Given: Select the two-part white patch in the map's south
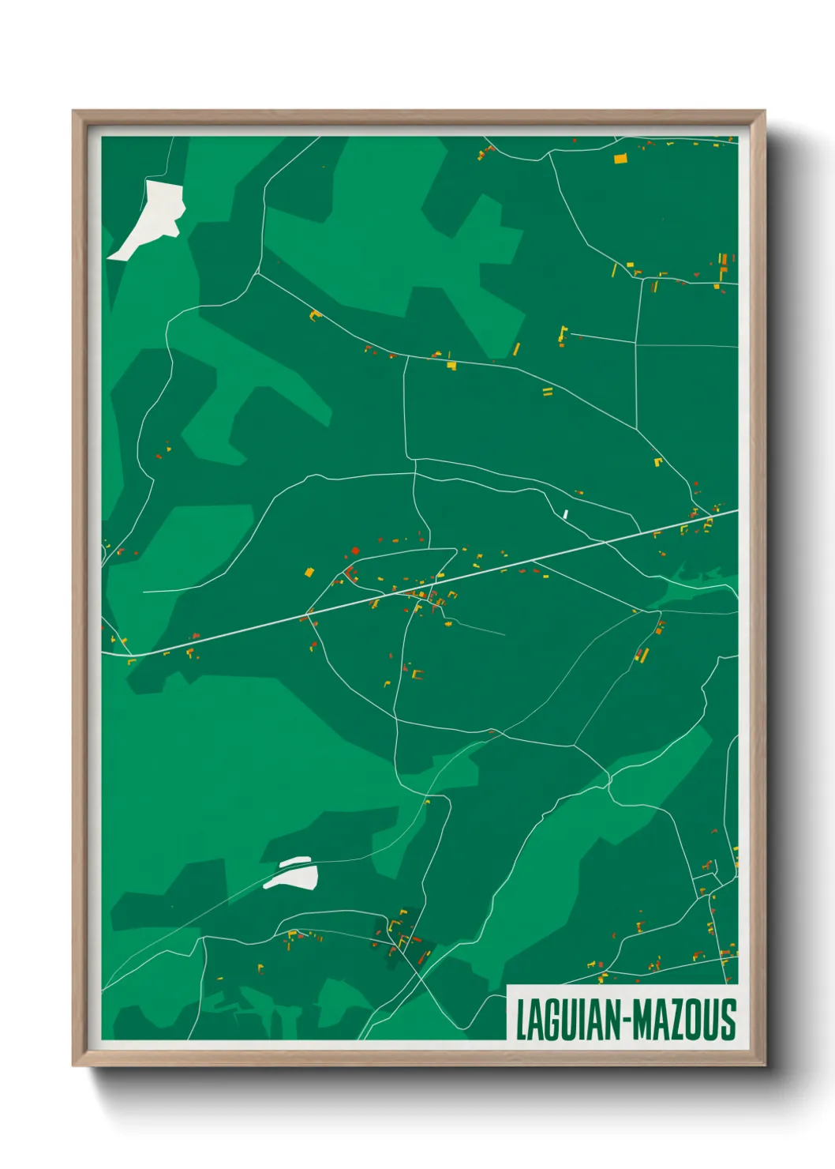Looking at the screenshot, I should click(291, 874).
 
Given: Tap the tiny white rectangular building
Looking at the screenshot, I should click(565, 514).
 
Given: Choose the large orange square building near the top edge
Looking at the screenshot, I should click(620, 158).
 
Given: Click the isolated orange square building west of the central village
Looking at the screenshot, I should click(309, 572).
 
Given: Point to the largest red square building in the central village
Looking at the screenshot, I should click(355, 551).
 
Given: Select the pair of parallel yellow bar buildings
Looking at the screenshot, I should click(547, 391).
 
